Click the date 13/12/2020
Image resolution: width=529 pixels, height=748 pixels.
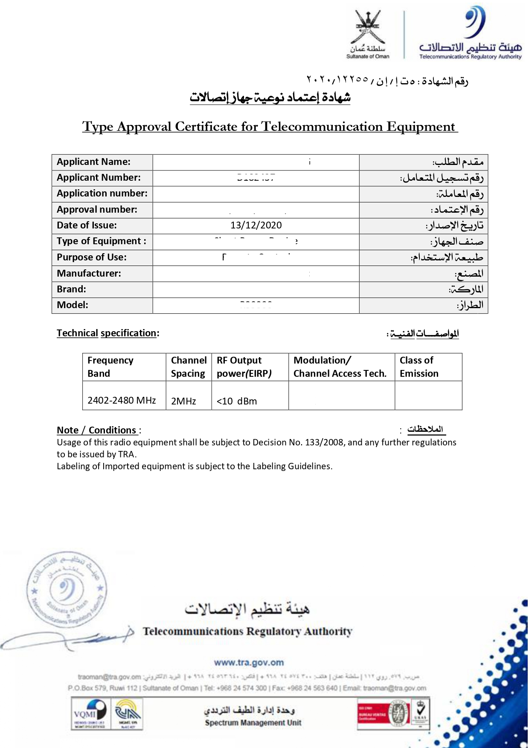pyautogui.click(x=256, y=225)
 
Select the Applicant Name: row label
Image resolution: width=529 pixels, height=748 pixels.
pyautogui.click(x=93, y=162)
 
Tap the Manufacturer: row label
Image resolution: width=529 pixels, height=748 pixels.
pyautogui.click(x=89, y=274)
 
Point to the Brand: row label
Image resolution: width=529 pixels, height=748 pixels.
pyautogui.click(x=71, y=289)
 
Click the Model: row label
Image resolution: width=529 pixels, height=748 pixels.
pyautogui.click(x=73, y=305)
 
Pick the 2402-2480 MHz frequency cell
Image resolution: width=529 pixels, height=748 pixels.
pyautogui.click(x=122, y=401)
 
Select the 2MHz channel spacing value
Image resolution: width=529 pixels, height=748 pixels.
pyautogui.click(x=183, y=401)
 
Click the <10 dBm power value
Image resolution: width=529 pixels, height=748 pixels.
pyautogui.click(x=237, y=401)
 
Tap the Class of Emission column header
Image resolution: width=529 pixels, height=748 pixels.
pyautogui.click(x=419, y=367)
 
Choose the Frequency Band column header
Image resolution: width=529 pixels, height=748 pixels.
pyautogui.click(x=110, y=367)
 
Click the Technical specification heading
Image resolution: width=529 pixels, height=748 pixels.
pyautogui.click(x=108, y=333)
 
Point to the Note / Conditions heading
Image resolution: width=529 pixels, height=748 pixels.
pyautogui.click(x=99, y=430)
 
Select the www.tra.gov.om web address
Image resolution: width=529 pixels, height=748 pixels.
pyautogui.click(x=249, y=663)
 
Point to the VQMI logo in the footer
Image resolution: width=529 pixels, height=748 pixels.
pyautogui.click(x=90, y=713)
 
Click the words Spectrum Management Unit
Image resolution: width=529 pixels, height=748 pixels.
pyautogui.click(x=253, y=723)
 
